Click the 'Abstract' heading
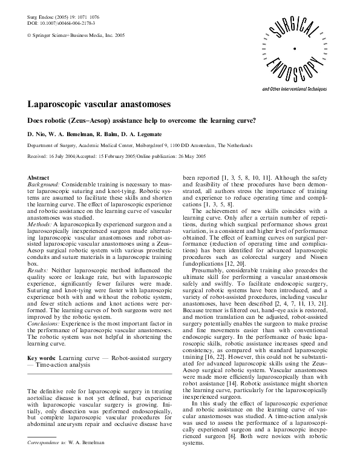click(39, 177)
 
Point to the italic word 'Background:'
click(44, 184)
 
